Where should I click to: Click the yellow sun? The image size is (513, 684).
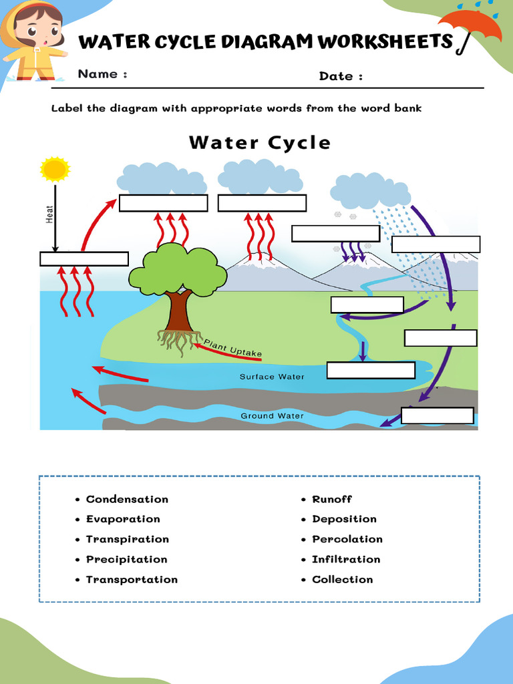[x=55, y=169]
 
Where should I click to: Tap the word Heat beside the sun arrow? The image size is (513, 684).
[x=49, y=214]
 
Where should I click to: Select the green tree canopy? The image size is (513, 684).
[x=178, y=269]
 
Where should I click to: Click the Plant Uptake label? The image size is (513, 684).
[x=232, y=347]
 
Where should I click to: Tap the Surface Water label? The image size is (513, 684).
[x=272, y=377]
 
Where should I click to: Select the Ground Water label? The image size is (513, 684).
[x=272, y=415]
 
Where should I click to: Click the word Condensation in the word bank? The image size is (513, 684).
[x=127, y=499]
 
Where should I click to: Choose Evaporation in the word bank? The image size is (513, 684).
[x=123, y=519]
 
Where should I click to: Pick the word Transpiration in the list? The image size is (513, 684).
[x=127, y=539]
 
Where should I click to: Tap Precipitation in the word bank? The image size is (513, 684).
[x=126, y=559]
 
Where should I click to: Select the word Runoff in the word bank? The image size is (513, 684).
[x=331, y=499]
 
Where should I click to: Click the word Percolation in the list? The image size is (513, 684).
[x=347, y=539]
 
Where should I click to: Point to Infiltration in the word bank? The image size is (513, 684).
[x=345, y=559]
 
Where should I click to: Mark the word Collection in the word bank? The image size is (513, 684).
[x=342, y=579]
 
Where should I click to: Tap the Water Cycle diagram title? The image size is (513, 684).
[x=260, y=142]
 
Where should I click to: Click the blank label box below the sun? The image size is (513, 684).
[x=84, y=259]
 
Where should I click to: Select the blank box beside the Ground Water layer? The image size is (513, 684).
[x=438, y=415]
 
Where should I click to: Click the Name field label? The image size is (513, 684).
[x=102, y=74]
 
